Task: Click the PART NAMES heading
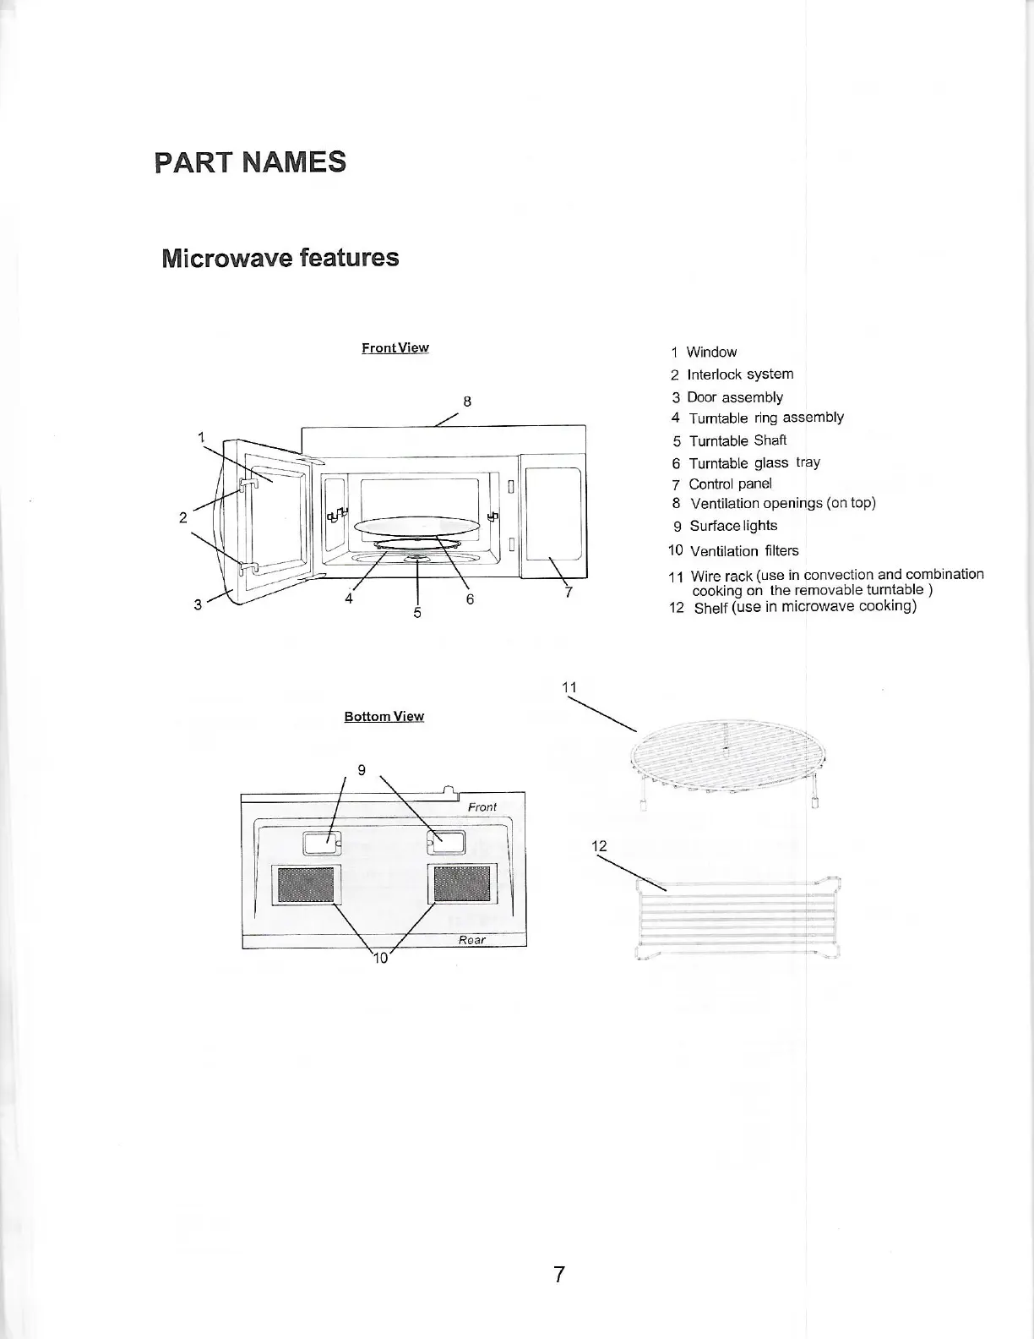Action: coord(250,161)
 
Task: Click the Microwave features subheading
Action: coord(280,257)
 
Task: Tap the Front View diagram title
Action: coord(395,347)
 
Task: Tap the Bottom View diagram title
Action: coord(384,716)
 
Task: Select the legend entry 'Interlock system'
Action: coord(739,374)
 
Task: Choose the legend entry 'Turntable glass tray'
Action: coord(754,462)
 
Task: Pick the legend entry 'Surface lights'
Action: coord(732,525)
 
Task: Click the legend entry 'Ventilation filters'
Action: coord(743,551)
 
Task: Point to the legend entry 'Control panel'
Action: coord(730,484)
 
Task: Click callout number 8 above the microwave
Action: coord(466,401)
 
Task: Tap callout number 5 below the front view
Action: coord(417,612)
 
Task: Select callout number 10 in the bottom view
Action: coord(380,957)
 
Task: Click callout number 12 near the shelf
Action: coord(599,845)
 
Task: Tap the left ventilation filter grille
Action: coord(306,884)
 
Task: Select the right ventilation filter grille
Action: coord(462,884)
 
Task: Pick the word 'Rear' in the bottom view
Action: coord(471,940)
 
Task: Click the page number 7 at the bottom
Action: coord(558,1274)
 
